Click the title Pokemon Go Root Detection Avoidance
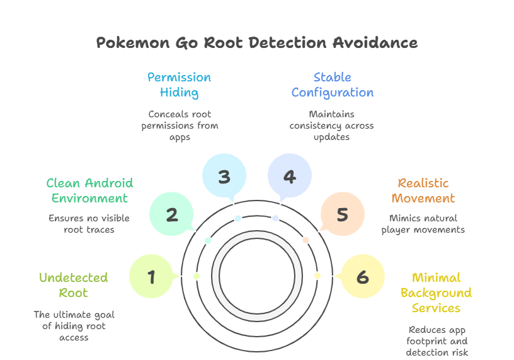256,43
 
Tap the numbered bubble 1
151,276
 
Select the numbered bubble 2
171,214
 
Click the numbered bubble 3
224,177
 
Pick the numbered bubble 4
289,177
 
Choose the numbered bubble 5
342,214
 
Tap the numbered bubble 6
362,276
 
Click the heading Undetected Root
74,285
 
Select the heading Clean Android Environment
89,190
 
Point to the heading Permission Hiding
179,85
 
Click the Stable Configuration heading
332,85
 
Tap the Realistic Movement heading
423,190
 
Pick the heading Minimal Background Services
436,293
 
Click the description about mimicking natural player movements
423,224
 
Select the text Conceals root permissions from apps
179,125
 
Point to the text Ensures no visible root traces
89,224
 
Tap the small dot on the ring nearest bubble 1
197,276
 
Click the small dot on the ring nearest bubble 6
317,276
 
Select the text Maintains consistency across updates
332,125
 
